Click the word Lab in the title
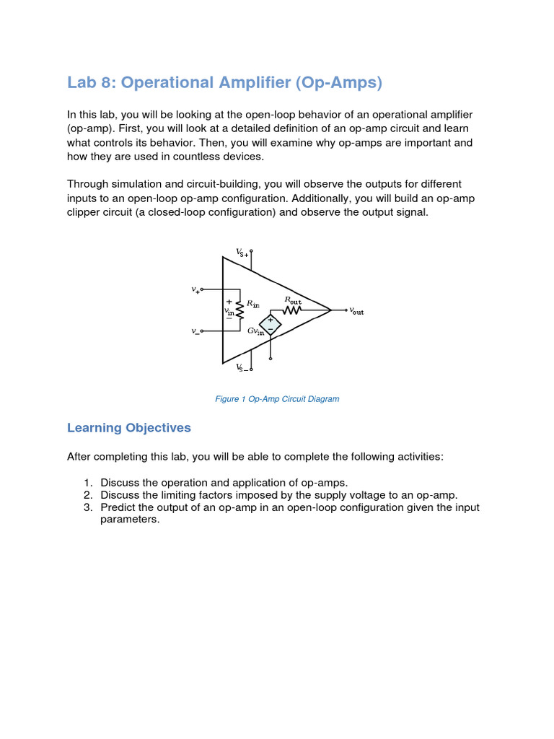pyautogui.click(x=81, y=83)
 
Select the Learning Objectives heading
pyautogui.click(x=128, y=428)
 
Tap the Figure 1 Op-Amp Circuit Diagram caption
pyautogui.click(x=277, y=399)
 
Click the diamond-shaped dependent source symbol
pyautogui.click(x=271, y=325)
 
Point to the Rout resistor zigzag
pyautogui.click(x=291, y=310)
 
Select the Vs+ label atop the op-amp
pyautogui.click(x=242, y=253)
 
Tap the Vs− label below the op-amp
pyautogui.click(x=242, y=367)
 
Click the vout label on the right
pyautogui.click(x=356, y=311)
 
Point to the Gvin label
pyautogui.click(x=255, y=331)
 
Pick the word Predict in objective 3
pyautogui.click(x=118, y=507)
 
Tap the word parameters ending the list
pyautogui.click(x=129, y=520)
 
